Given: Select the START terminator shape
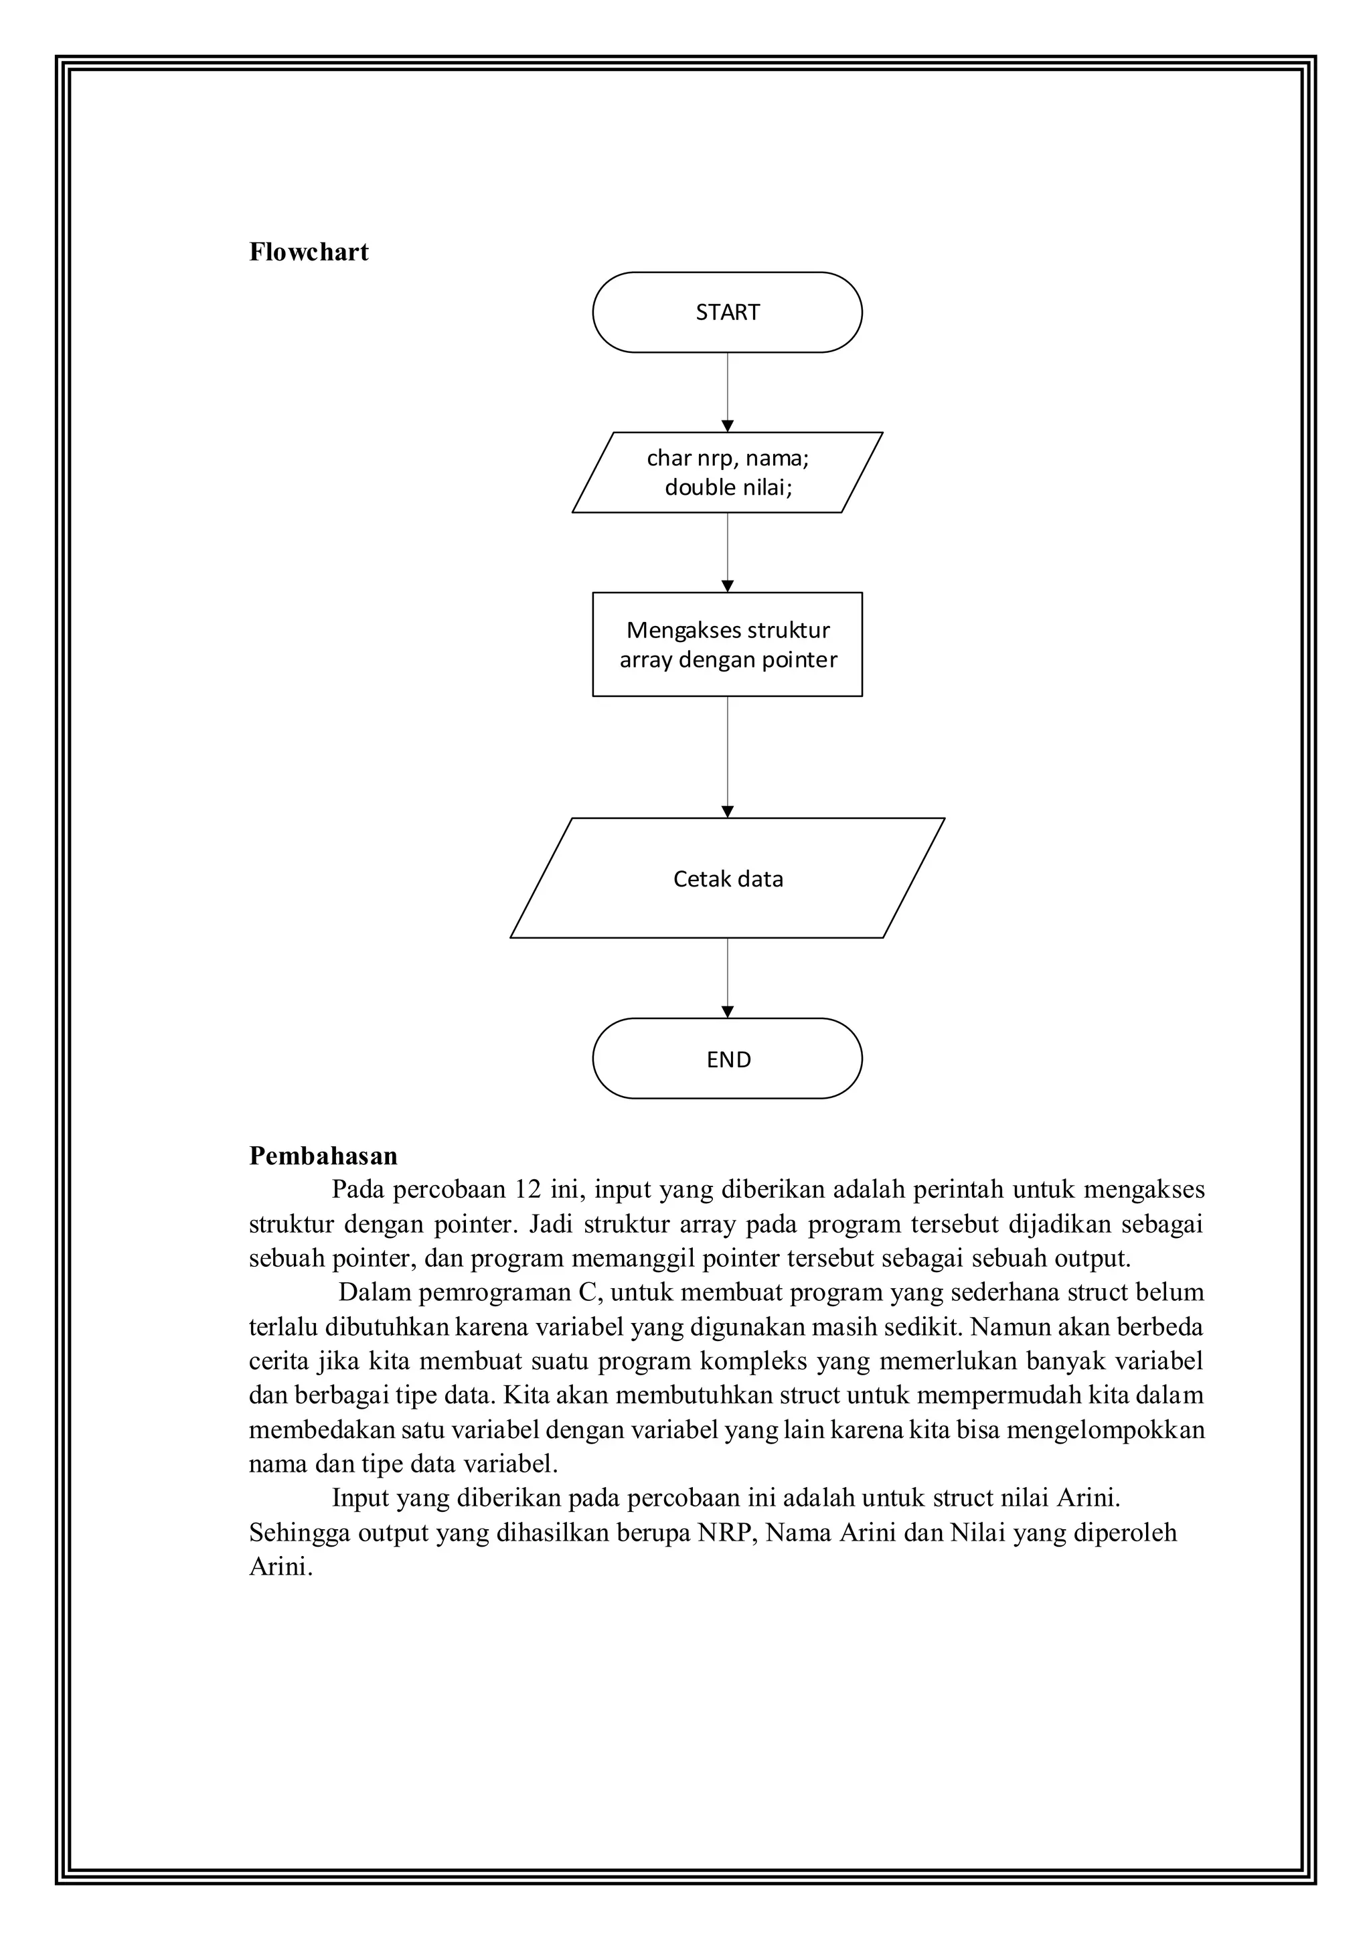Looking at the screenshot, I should pyautogui.click(x=727, y=313).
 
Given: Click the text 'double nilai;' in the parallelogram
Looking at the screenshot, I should pyautogui.click(x=728, y=487).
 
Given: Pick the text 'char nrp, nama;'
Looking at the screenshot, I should pyautogui.click(x=728, y=458).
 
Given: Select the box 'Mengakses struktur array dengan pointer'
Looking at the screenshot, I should pyautogui.click(x=727, y=644).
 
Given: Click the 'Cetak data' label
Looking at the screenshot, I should pyautogui.click(x=728, y=878).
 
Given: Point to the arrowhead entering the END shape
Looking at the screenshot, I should pyautogui.click(x=728, y=1012).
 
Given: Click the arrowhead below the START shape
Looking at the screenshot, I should pyautogui.click(x=728, y=426).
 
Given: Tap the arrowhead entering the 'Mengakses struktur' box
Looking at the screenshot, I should pyautogui.click(x=728, y=586).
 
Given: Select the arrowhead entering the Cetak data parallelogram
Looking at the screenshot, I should pyautogui.click(x=728, y=811).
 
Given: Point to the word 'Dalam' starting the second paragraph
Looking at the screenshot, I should pyautogui.click(x=374, y=1292).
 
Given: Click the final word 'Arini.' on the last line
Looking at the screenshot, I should pyautogui.click(x=280, y=1567).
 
